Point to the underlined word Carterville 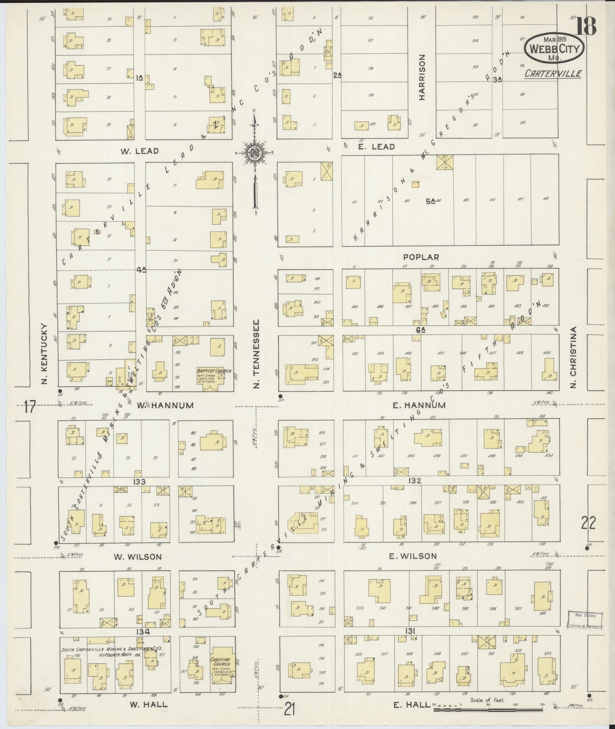click(553, 74)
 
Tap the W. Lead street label click(140, 151)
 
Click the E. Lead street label click(376, 147)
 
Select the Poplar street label click(421, 257)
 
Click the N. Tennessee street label click(257, 354)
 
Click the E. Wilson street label click(413, 556)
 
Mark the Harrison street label click(422, 77)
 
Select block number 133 click(140, 482)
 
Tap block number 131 click(410, 631)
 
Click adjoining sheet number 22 click(588, 523)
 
